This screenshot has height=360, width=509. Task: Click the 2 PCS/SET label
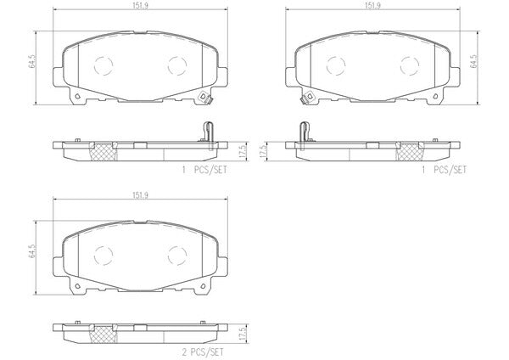click(203, 352)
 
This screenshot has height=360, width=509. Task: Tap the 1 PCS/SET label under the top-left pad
click(204, 170)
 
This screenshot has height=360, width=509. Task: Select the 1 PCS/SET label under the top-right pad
click(444, 170)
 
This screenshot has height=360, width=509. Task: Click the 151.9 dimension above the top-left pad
click(140, 6)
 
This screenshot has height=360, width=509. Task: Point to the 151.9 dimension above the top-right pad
click(372, 6)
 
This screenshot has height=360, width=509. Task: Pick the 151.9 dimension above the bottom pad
click(140, 195)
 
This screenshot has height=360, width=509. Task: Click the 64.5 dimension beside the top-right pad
click(474, 61)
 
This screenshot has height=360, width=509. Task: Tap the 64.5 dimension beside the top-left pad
click(32, 61)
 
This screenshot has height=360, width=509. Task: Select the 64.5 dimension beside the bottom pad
click(32, 250)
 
